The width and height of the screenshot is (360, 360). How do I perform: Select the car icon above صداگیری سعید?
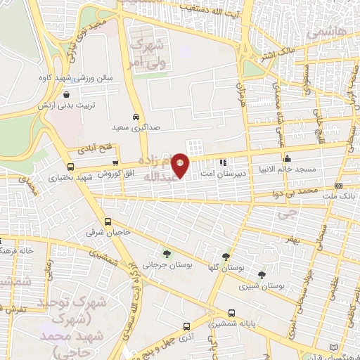[135, 117]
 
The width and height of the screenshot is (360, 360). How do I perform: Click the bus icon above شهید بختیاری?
[70, 167]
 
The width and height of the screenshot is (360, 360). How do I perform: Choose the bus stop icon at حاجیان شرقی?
[108, 221]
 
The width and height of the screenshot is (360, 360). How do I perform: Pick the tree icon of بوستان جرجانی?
[167, 254]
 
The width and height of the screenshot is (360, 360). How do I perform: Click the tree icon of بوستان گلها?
[225, 257]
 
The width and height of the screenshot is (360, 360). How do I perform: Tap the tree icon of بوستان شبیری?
[262, 274]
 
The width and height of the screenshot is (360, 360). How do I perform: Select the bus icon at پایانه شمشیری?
[231, 314]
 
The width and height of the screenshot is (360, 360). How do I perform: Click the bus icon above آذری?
[186, 327]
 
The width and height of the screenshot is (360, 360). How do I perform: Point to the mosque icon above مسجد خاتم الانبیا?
[286, 158]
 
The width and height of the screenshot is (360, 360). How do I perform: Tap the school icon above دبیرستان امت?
[224, 162]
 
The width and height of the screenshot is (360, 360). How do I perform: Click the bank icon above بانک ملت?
[339, 186]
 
